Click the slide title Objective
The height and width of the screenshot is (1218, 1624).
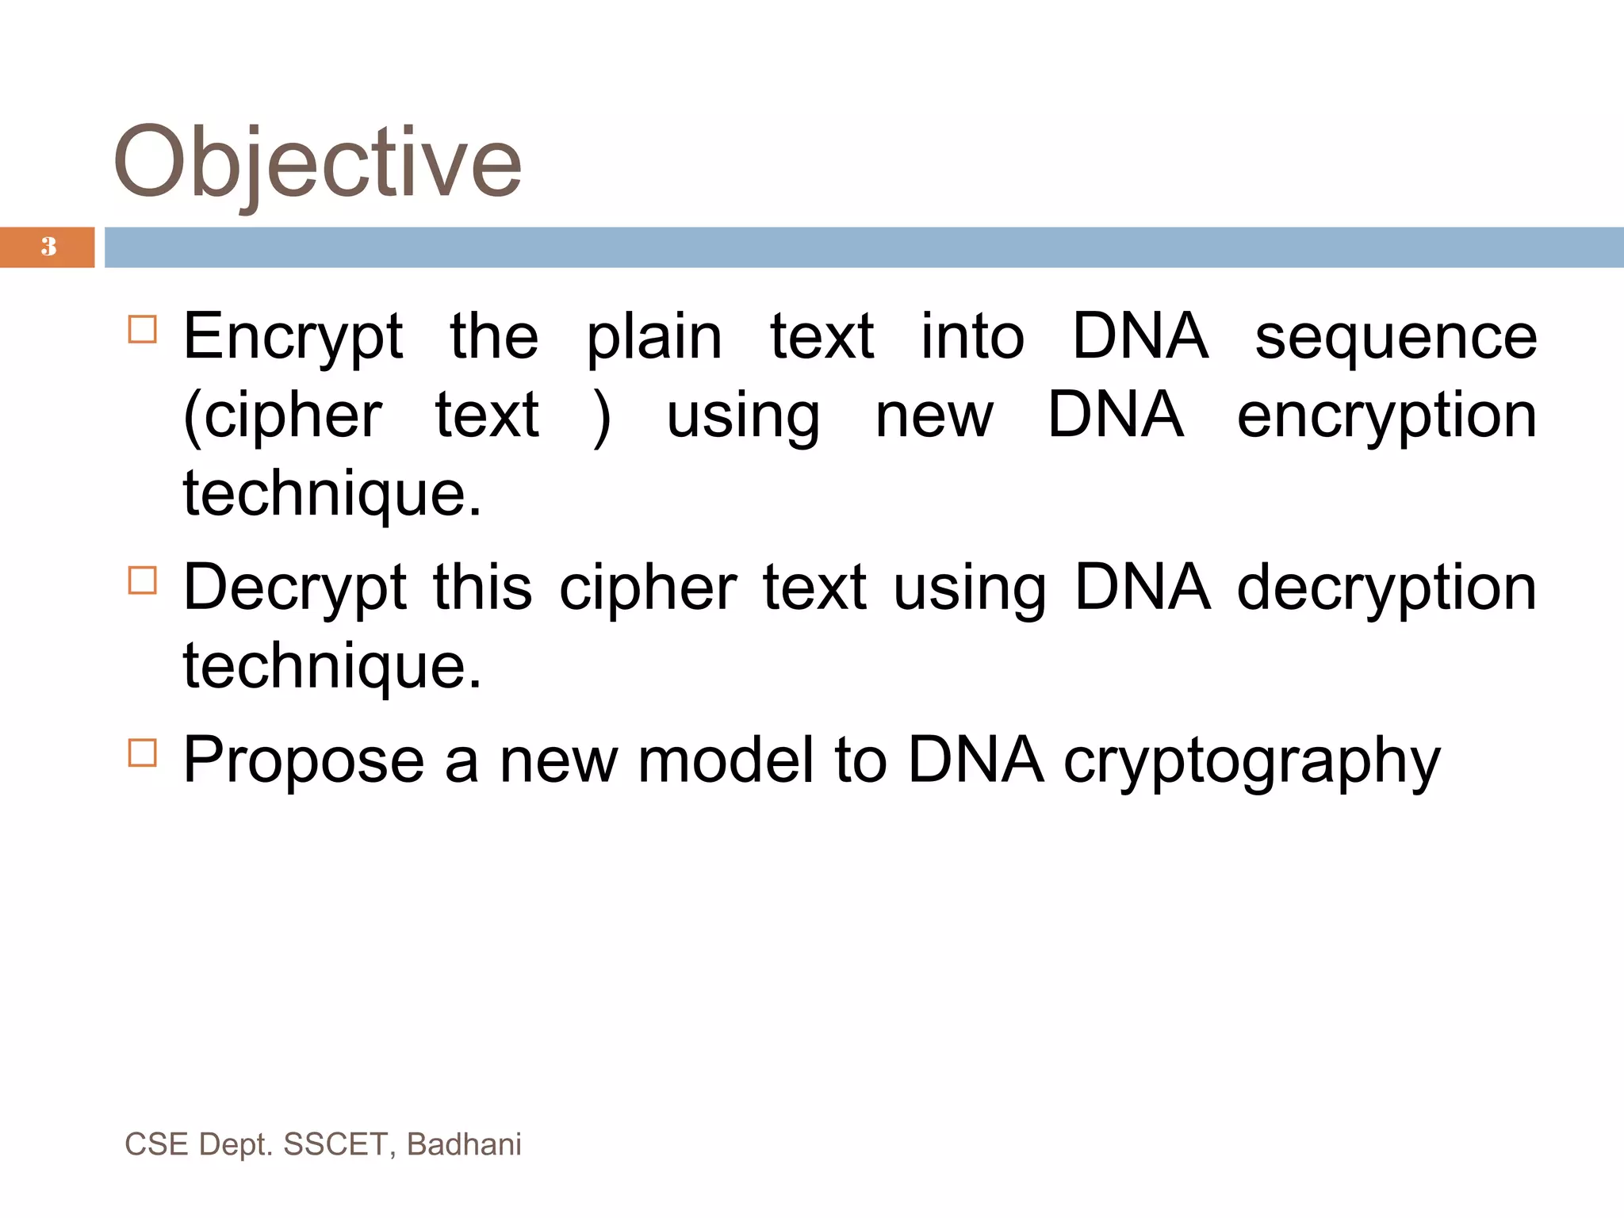(317, 163)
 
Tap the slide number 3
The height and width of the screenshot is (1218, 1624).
(48, 247)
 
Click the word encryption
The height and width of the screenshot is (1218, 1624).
(1387, 416)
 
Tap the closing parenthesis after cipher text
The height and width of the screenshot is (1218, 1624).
(603, 416)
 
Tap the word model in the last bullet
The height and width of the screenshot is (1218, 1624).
(726, 760)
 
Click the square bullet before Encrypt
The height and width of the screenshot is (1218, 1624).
(143, 329)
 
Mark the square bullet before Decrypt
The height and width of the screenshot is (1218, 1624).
(143, 580)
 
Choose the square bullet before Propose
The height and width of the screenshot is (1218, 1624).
(143, 753)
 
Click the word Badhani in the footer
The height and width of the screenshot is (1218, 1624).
(464, 1144)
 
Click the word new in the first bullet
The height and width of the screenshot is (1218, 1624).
(934, 416)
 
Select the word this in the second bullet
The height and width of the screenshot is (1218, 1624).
(482, 588)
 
